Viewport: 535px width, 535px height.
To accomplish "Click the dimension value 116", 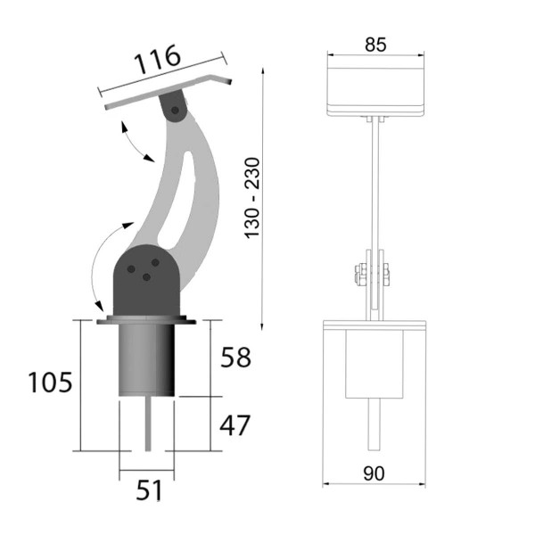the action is pyautogui.click(x=157, y=60).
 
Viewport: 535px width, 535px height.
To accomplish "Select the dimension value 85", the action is pyautogui.click(x=375, y=45).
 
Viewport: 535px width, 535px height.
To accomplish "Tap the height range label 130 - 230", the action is pyautogui.click(x=253, y=198).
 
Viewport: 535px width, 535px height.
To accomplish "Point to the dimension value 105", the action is pyautogui.click(x=50, y=383).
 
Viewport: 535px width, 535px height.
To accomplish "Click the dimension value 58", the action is pyautogui.click(x=235, y=358).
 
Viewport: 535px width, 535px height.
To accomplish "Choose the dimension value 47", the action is pyautogui.click(x=235, y=425).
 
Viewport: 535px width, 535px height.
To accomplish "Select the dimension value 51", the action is pyautogui.click(x=149, y=490).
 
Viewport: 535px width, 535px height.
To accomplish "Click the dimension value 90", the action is pyautogui.click(x=374, y=473).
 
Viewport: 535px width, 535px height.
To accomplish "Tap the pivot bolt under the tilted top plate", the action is pyautogui.click(x=175, y=111).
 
